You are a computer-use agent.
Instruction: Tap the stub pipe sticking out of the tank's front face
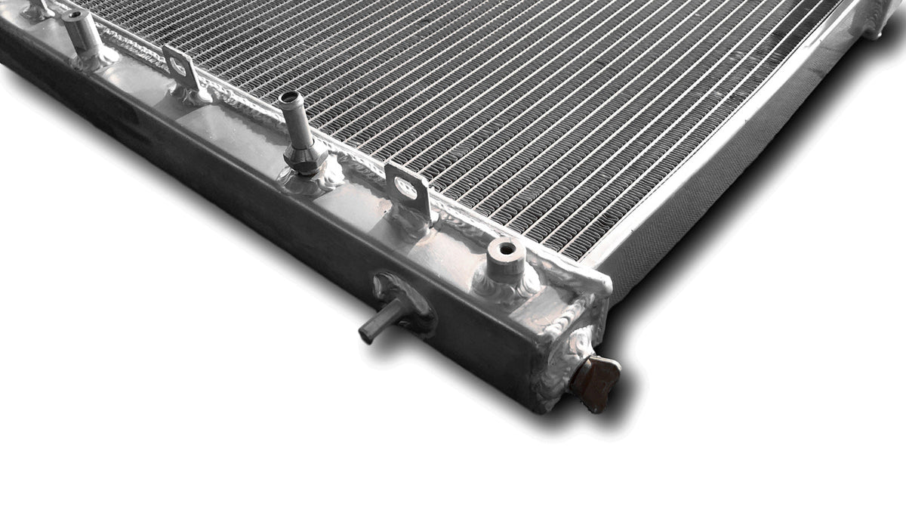(x=382, y=319)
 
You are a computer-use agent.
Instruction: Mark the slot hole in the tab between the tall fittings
(x=178, y=66)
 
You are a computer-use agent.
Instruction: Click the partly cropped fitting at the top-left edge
(x=38, y=9)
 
